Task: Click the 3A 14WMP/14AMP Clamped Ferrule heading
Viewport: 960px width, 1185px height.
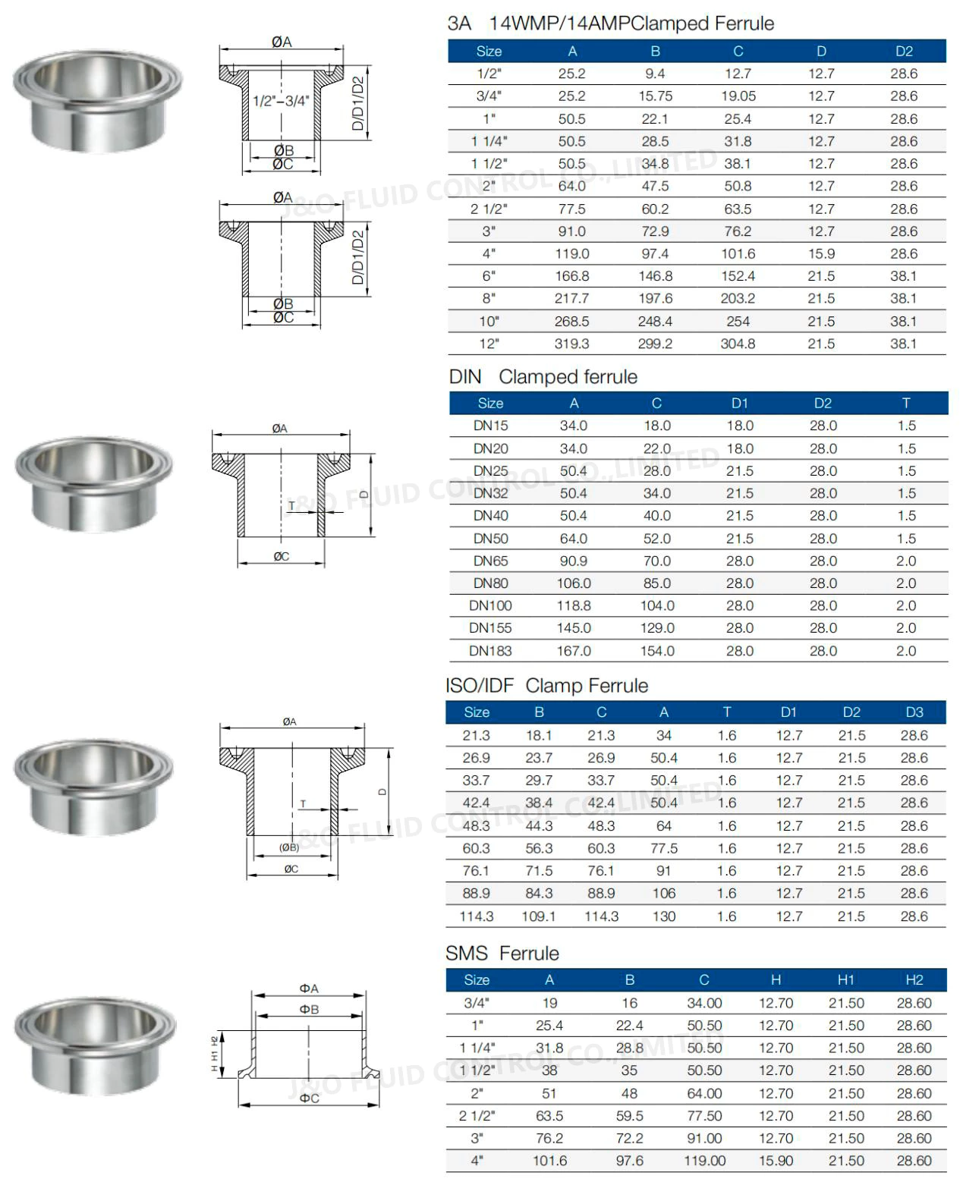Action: [610, 24]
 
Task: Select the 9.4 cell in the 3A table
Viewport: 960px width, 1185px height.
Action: [655, 74]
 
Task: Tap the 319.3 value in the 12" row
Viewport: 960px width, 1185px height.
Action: [571, 344]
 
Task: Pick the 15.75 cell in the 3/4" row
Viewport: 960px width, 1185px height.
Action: [655, 96]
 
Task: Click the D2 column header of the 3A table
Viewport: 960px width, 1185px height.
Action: [904, 52]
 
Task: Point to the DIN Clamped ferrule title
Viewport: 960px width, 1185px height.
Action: [543, 377]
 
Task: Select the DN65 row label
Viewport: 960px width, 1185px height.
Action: [490, 561]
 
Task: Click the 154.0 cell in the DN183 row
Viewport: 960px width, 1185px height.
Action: [656, 651]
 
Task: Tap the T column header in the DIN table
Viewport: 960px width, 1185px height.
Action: [906, 404]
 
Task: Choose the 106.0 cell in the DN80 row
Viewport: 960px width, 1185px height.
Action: [573, 583]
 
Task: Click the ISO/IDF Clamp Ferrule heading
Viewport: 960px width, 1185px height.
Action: [546, 686]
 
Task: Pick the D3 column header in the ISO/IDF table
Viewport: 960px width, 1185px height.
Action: [914, 712]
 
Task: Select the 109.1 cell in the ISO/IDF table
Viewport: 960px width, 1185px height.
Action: [539, 916]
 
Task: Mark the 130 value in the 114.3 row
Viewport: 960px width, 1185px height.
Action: [663, 916]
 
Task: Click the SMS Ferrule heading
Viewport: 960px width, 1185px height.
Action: [502, 954]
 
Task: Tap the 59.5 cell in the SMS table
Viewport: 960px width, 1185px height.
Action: [629, 1116]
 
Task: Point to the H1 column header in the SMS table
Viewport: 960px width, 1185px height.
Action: [845, 980]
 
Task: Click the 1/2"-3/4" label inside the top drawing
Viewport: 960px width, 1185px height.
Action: [281, 102]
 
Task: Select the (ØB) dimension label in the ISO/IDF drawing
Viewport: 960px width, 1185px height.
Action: [289, 847]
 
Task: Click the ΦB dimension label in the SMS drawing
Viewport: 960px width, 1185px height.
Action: [309, 1010]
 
